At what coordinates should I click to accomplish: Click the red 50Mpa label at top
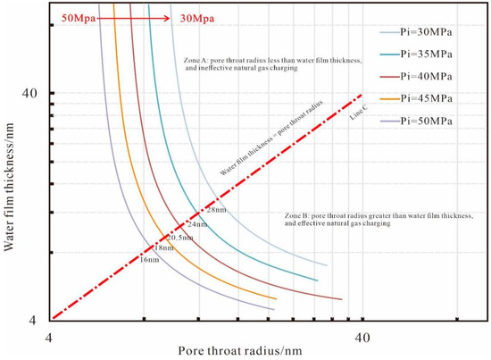(78, 17)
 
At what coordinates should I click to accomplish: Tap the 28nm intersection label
(215, 209)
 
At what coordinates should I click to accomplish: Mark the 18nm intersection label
(165, 247)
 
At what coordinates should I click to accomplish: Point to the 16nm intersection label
(149, 260)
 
